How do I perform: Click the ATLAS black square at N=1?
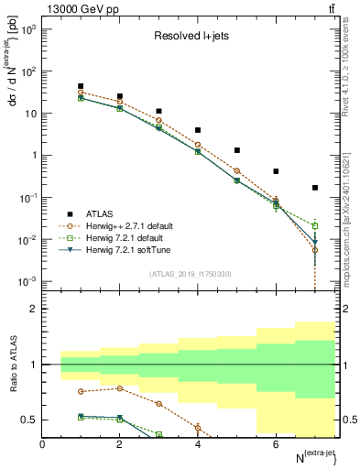click(x=82, y=86)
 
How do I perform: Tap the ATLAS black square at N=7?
click(x=315, y=188)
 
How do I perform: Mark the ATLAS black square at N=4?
click(x=198, y=130)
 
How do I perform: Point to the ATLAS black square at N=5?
click(x=237, y=150)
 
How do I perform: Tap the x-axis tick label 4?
click(x=198, y=445)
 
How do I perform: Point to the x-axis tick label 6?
click(x=276, y=445)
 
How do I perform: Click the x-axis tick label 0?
click(x=43, y=445)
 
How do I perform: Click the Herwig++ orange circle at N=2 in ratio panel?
click(x=120, y=388)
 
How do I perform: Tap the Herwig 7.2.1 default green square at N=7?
click(x=315, y=225)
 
